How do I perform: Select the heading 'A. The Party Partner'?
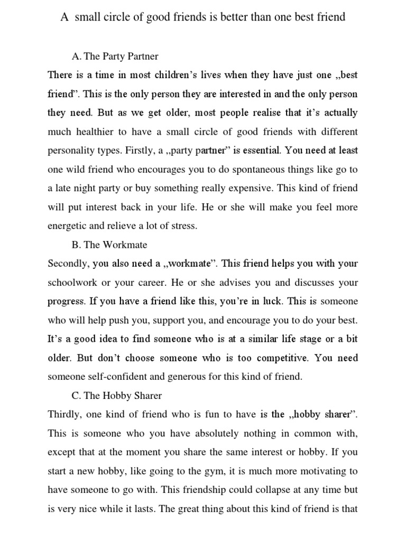(x=114, y=55)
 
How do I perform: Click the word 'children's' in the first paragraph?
(x=176, y=74)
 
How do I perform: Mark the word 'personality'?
(x=72, y=151)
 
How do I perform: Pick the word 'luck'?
(x=272, y=302)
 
